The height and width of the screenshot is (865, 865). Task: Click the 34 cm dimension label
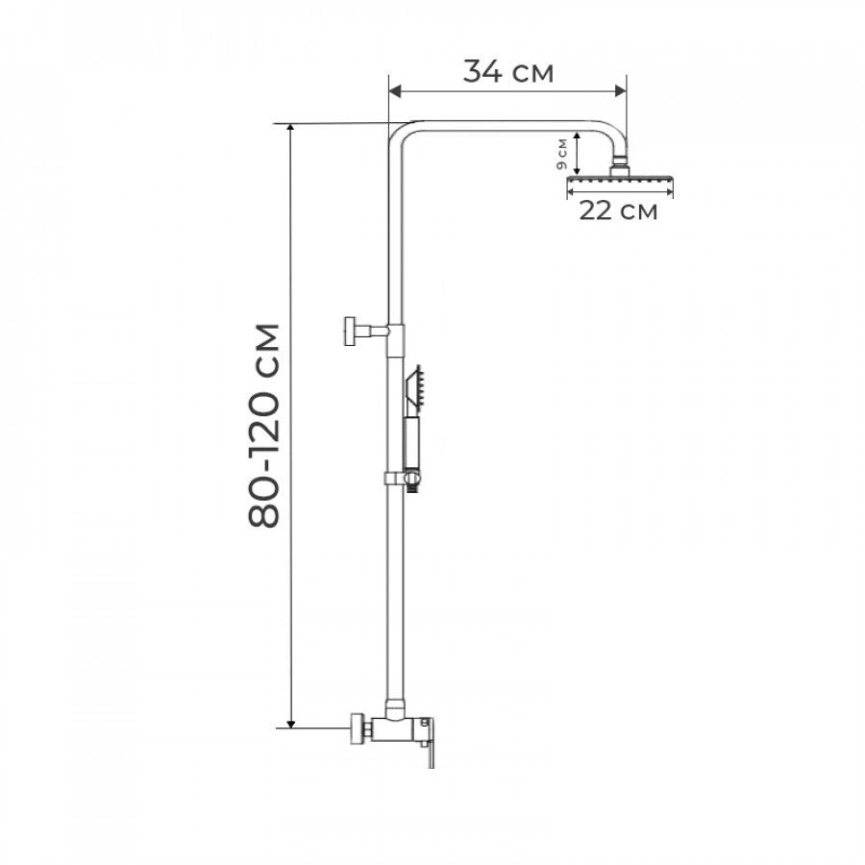coord(507,71)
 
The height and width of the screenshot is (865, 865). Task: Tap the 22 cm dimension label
coord(618,210)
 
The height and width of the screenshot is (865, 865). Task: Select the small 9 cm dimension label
coord(561,155)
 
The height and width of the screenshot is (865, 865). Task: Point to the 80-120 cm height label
coord(264,426)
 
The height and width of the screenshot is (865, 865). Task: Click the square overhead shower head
coord(620,181)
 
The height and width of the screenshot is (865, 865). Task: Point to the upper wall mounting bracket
coord(367,331)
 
